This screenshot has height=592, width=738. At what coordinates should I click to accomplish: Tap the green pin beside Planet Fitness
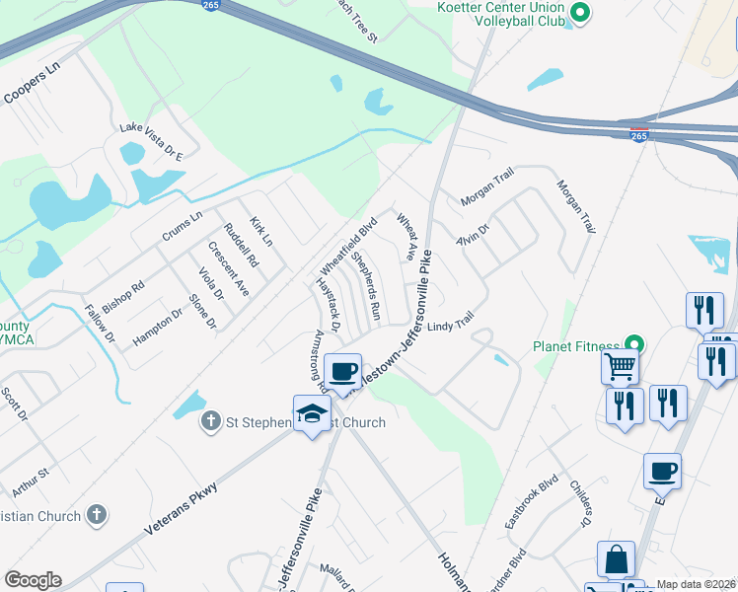click(x=634, y=346)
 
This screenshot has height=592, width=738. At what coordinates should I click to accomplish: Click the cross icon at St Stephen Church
click(x=209, y=423)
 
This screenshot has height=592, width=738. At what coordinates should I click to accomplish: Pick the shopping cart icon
click(x=621, y=366)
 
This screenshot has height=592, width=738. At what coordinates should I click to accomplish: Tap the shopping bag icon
click(x=617, y=558)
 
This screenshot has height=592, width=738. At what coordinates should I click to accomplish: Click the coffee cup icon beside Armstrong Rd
click(x=342, y=371)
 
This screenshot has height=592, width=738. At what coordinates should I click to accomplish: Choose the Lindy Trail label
click(x=451, y=323)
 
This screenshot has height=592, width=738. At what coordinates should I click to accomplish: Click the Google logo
click(x=33, y=579)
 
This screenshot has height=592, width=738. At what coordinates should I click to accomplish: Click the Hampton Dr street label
click(x=158, y=325)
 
